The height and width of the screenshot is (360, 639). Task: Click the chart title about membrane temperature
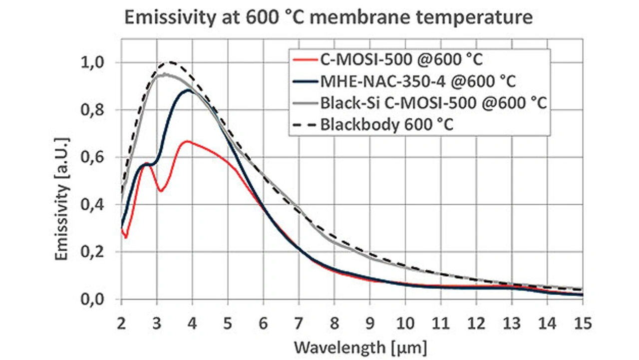(x=328, y=18)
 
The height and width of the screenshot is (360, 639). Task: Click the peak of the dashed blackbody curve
(x=171, y=62)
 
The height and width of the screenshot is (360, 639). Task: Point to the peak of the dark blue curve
(x=189, y=90)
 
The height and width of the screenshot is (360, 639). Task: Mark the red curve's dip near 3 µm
(x=160, y=191)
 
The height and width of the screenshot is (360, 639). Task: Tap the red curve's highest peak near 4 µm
(x=187, y=141)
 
